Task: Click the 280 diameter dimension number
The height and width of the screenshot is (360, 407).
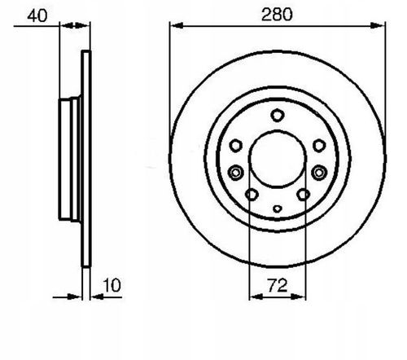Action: [x=277, y=15]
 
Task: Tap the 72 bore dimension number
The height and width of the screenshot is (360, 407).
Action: [x=277, y=285]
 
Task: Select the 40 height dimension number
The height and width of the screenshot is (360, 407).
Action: [x=37, y=15]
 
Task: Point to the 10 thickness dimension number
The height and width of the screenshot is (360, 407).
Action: [x=112, y=286]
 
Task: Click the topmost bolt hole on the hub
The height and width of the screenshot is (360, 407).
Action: [x=278, y=116]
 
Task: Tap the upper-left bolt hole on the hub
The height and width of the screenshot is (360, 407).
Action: [x=235, y=146]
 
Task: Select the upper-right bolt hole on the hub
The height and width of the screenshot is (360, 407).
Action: [x=319, y=146]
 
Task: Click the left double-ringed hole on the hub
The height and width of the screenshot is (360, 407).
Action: [x=235, y=173]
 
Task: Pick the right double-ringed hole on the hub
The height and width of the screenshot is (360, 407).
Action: [x=319, y=173]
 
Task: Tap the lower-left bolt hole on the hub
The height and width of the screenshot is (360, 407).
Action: [x=252, y=195]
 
